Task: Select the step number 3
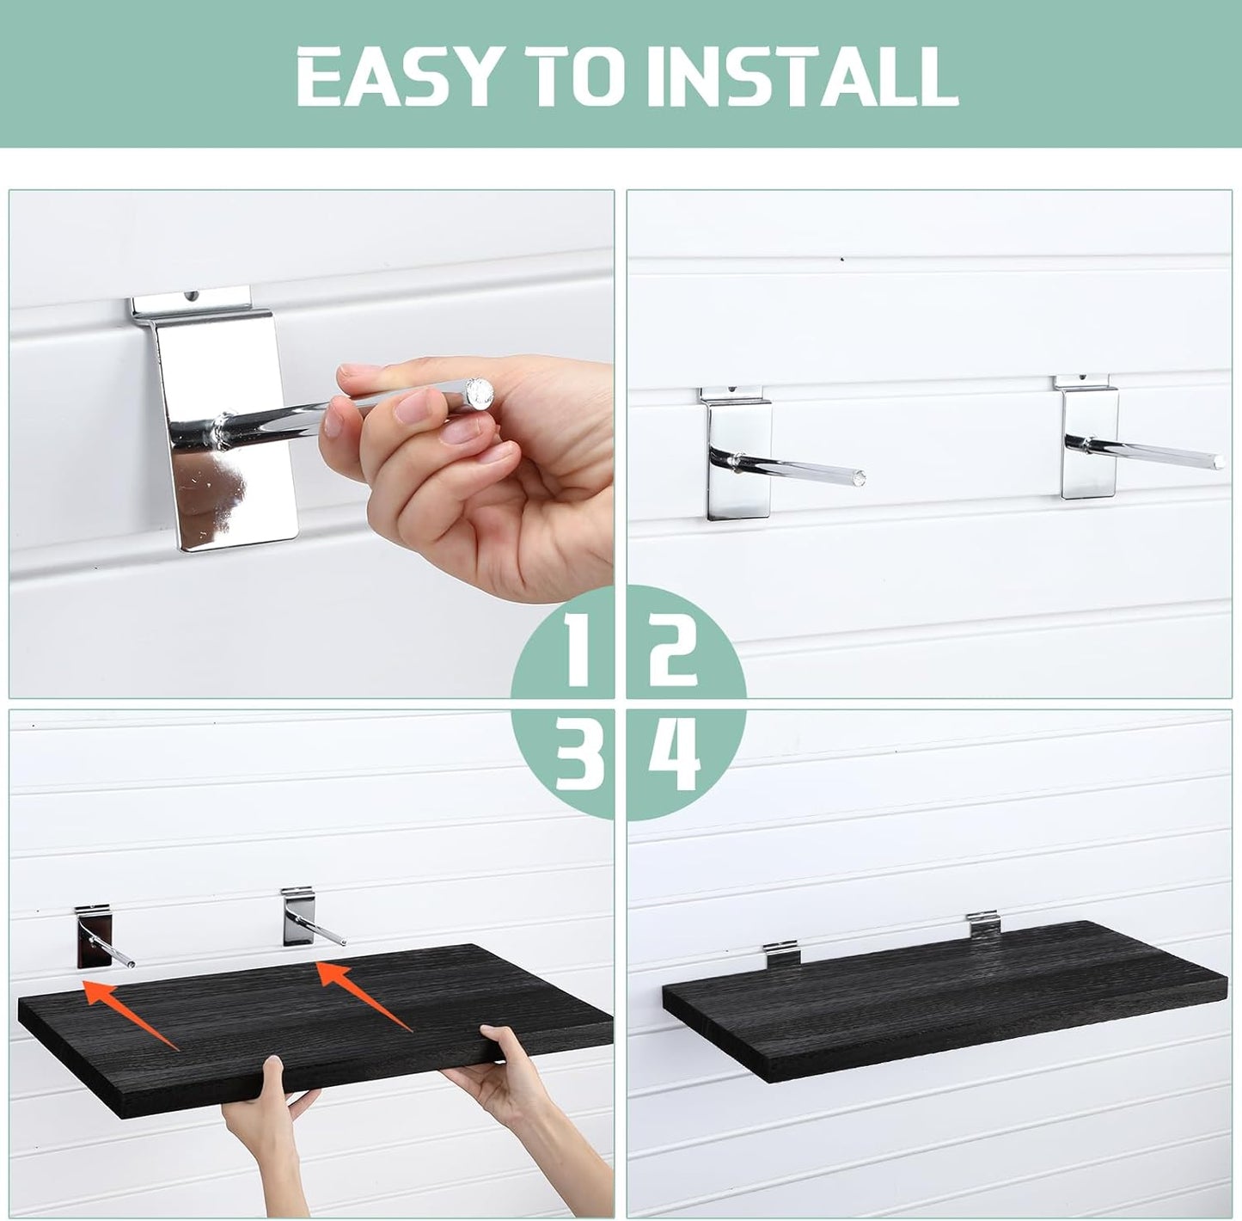click(x=577, y=757)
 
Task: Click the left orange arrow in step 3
click(x=129, y=1012)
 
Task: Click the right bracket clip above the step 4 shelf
click(x=982, y=927)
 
